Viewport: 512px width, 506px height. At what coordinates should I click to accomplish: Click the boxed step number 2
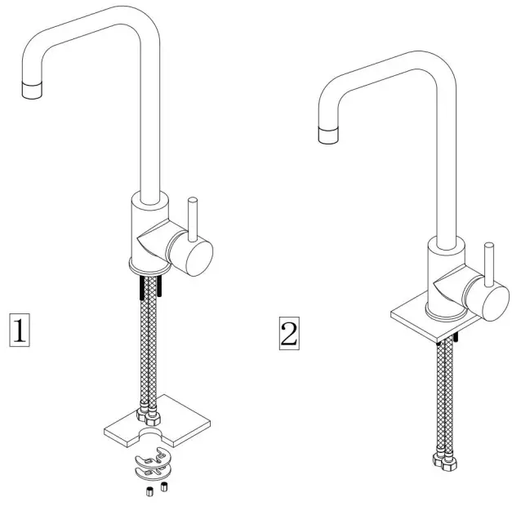pyautogui.click(x=288, y=332)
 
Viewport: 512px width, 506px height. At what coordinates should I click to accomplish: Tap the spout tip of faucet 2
pyautogui.click(x=328, y=133)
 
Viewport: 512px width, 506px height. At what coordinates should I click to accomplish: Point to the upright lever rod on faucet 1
pyautogui.click(x=194, y=216)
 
